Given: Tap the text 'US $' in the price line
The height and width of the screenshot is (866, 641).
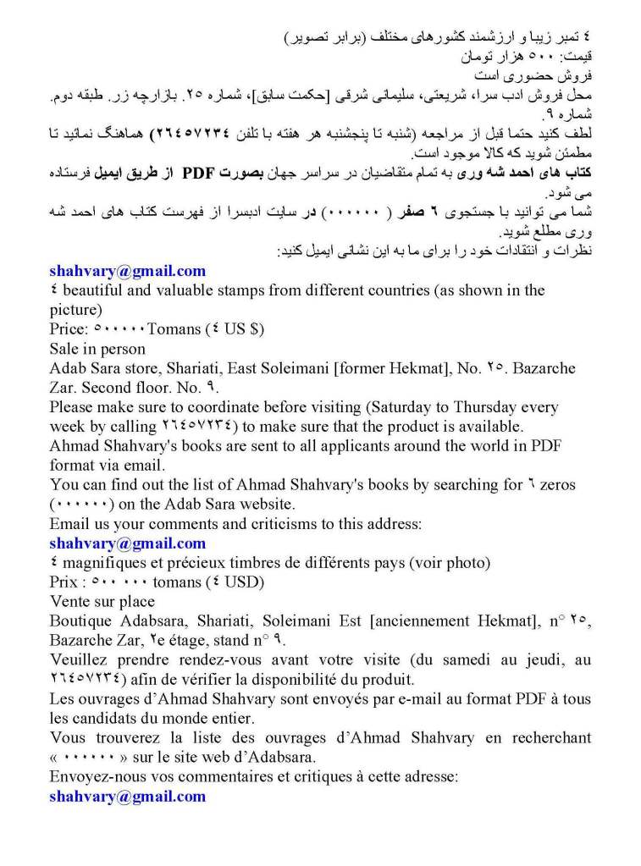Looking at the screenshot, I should click(241, 328).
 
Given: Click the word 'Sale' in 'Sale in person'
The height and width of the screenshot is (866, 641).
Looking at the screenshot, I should click(65, 348).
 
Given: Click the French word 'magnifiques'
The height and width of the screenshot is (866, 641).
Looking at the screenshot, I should click(103, 563).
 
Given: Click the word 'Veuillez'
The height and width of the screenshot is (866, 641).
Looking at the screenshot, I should click(78, 660).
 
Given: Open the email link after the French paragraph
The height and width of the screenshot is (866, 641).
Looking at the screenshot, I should click(127, 796).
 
